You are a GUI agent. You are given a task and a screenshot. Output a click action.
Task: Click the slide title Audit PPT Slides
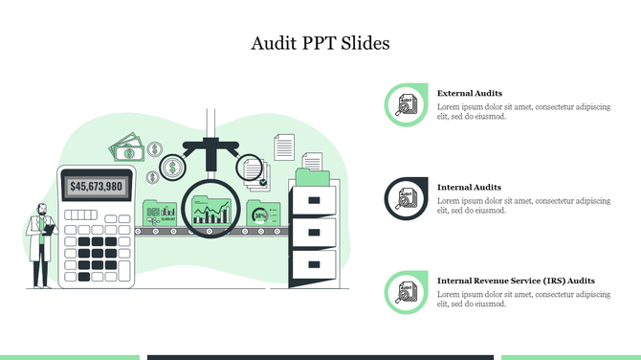point(320,44)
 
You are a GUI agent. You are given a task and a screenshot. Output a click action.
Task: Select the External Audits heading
point(470,93)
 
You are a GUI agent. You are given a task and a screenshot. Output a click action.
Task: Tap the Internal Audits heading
point(469,187)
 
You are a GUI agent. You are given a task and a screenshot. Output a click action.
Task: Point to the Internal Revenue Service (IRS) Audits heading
point(516,281)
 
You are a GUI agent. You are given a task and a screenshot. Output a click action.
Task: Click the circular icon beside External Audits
point(407,105)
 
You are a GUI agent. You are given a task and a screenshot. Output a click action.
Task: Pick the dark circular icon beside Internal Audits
point(407,198)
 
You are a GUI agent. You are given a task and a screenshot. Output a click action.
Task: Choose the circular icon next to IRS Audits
point(407,292)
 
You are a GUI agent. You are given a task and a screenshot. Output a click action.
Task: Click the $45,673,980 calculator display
point(97,186)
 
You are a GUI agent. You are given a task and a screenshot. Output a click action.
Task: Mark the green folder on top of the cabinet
point(313,176)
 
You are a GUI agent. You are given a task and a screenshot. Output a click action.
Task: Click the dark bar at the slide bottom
point(320,357)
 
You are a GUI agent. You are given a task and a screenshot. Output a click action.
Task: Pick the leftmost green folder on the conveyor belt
point(160,214)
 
